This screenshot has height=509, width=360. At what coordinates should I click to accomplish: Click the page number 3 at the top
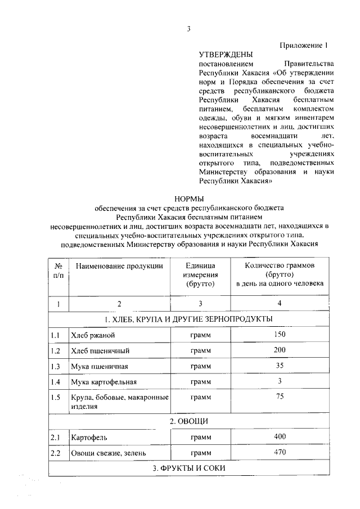click(189, 29)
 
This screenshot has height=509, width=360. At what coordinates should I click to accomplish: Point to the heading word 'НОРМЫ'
click(189, 199)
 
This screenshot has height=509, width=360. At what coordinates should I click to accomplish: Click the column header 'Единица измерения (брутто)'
click(200, 274)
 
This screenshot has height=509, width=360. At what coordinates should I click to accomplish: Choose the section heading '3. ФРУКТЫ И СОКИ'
click(189, 468)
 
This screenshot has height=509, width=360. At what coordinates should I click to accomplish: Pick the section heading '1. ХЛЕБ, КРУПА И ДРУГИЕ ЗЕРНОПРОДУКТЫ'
click(189, 319)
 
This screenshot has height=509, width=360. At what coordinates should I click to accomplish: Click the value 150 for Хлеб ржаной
click(280, 335)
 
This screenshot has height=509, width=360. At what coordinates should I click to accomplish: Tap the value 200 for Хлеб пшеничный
click(280, 350)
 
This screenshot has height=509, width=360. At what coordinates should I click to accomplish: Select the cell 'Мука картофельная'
click(104, 382)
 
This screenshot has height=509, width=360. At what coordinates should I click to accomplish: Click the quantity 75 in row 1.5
click(280, 397)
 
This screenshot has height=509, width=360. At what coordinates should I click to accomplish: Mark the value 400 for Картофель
click(280, 436)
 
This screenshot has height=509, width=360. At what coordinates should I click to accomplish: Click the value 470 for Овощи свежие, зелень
click(280, 452)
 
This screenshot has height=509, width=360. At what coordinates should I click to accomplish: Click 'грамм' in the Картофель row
click(200, 437)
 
